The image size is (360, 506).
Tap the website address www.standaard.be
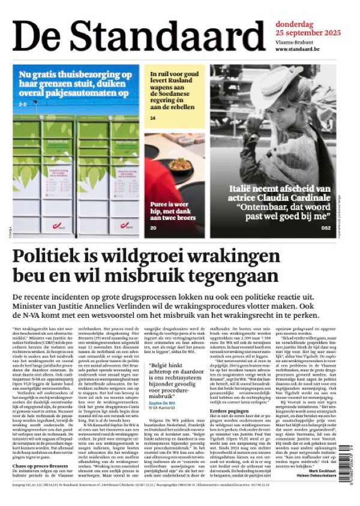(302, 49)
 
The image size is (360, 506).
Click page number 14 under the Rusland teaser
(153, 118)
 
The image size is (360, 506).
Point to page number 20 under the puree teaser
(153, 228)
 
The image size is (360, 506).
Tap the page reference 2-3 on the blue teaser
(23, 104)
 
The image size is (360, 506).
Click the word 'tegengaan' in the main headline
(222, 278)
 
